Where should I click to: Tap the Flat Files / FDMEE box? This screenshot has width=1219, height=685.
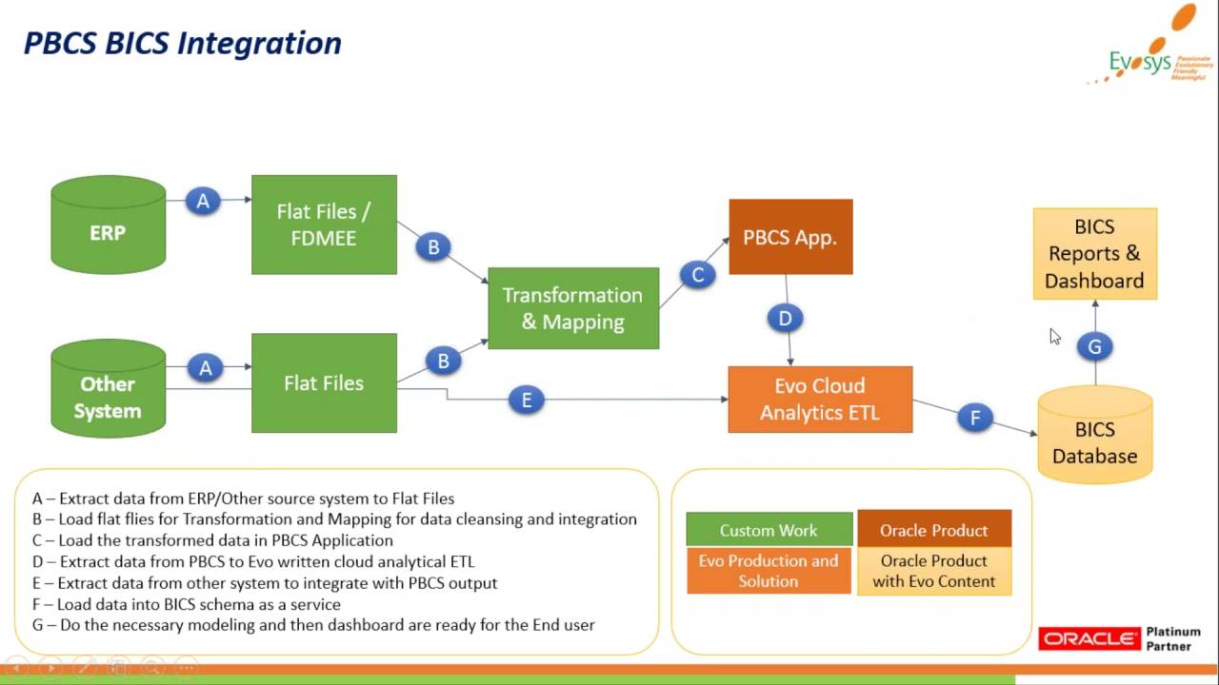coord(324,225)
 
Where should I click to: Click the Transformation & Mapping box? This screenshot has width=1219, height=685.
coord(573,308)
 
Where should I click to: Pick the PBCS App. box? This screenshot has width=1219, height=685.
coord(790,237)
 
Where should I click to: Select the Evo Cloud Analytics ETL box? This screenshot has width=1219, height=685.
coord(820,400)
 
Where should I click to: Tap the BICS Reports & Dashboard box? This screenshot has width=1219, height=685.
coord(1094,254)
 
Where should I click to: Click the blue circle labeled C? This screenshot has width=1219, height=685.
coord(698,275)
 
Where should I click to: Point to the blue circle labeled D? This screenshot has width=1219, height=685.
coord(785,318)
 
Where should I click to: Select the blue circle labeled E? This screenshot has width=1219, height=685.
coord(527,400)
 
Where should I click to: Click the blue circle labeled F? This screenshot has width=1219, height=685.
coord(975,417)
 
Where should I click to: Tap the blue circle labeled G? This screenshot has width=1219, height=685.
coord(1094,347)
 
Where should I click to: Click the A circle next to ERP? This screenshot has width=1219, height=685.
coord(203,201)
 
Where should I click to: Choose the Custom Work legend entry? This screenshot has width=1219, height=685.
coord(769,530)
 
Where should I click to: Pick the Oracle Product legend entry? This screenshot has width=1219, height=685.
coord(933,530)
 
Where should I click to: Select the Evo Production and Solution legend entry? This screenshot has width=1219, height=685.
coord(769,571)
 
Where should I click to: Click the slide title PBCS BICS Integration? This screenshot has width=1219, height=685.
coord(182,43)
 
